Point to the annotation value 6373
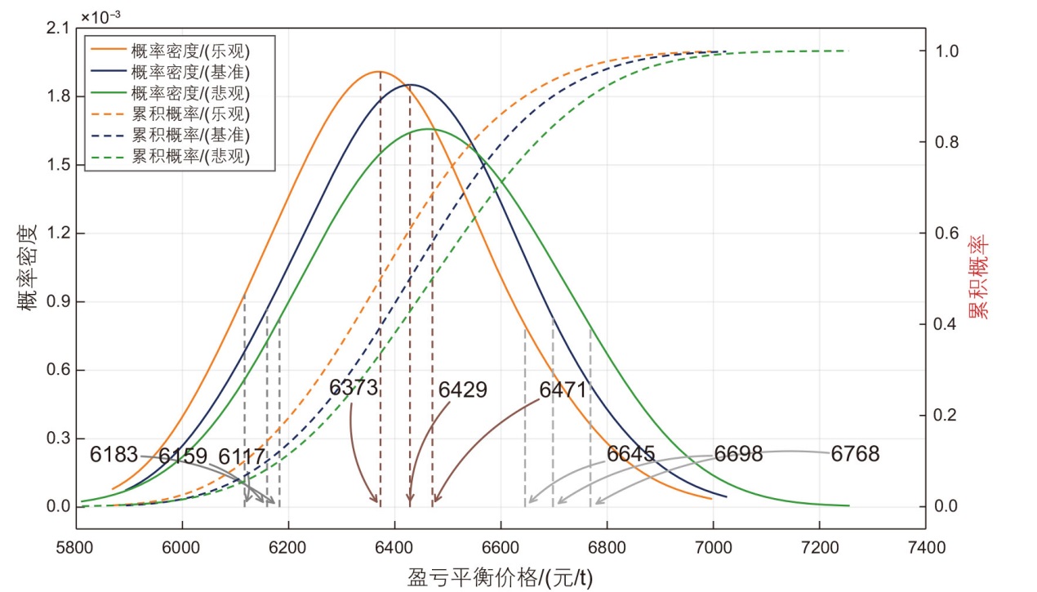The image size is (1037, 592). pyautogui.click(x=354, y=387)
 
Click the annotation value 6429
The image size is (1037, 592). pyautogui.click(x=462, y=390)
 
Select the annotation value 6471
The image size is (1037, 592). pyautogui.click(x=563, y=390)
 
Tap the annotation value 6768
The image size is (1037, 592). pyautogui.click(x=855, y=455)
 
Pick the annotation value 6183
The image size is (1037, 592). pyautogui.click(x=114, y=455)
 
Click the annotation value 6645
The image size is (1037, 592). pyautogui.click(x=630, y=454)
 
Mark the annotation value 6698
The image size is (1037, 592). pyautogui.click(x=738, y=455)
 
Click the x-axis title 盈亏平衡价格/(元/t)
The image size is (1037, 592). pyautogui.click(x=500, y=577)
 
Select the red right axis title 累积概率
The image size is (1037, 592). pyautogui.click(x=977, y=278)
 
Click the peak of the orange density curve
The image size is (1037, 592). pyautogui.click(x=379, y=72)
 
